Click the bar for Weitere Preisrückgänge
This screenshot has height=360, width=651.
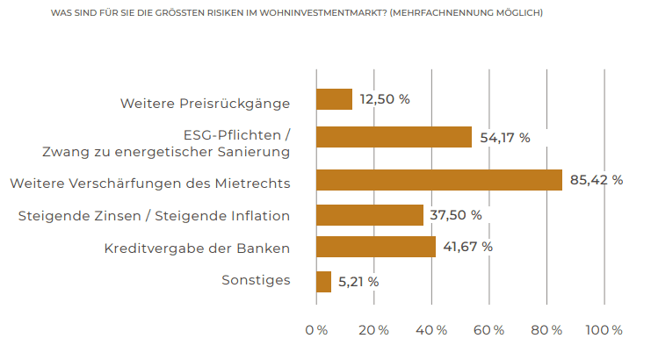pos(334,99)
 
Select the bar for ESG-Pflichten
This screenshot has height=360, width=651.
pos(394,137)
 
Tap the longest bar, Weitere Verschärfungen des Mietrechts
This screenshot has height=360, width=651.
pos(438,180)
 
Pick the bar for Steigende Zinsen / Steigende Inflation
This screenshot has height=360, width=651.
pos(369,215)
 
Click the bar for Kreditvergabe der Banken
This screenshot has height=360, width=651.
pos(375,247)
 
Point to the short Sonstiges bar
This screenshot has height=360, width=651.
pos(323,282)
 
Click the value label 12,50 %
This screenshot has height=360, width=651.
pos(386,99)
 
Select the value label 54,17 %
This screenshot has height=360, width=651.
pos(505,138)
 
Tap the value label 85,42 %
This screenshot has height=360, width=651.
pos(597,180)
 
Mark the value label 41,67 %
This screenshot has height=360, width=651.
pos(468,247)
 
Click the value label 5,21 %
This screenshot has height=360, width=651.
pos(358,282)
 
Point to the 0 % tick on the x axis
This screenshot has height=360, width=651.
pos(316,330)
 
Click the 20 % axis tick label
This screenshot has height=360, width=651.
pos(373,330)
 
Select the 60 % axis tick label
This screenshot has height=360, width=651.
pos(489,330)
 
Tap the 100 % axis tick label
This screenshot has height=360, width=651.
pos(604,330)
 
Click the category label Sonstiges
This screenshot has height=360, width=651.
pos(256,281)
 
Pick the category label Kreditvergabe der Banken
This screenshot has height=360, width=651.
pos(197,248)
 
